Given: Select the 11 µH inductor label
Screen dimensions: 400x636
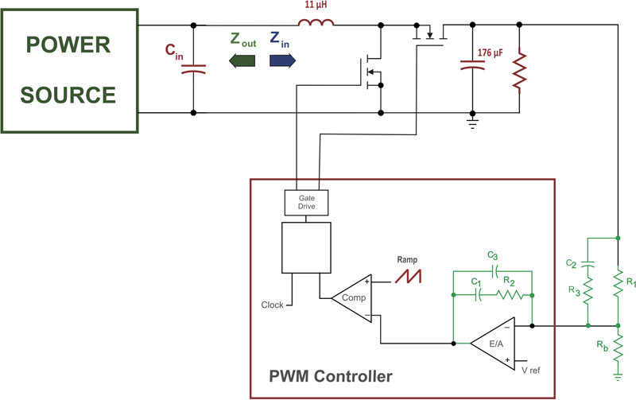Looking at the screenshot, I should (316, 6).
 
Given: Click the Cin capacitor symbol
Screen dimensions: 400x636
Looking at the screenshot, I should (193, 70).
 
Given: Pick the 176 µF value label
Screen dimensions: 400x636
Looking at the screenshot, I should (491, 52).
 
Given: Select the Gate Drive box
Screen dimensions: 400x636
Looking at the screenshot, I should (307, 202).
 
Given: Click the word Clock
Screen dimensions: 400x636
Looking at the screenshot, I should (272, 305).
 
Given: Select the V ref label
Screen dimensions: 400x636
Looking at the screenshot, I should (534, 371).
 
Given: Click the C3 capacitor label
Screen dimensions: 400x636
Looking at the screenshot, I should (494, 256).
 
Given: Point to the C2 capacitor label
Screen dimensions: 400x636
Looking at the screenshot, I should (571, 263).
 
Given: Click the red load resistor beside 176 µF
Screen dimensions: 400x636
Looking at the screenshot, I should (520, 70).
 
